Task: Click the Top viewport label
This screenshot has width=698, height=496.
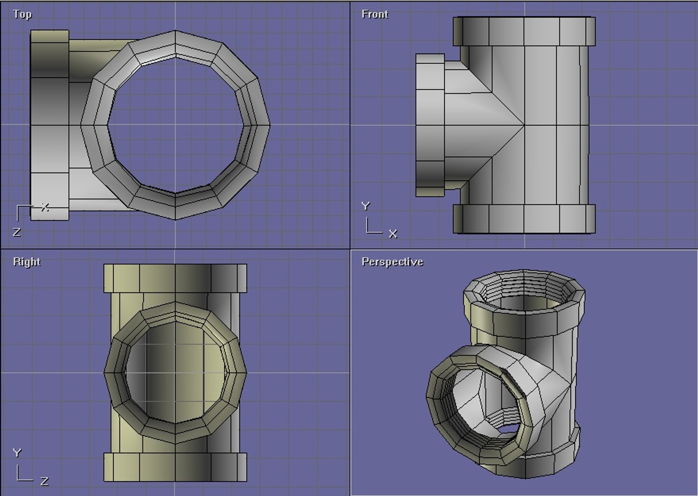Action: click(22, 14)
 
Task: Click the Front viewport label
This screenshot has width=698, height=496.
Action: click(375, 14)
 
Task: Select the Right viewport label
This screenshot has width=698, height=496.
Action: click(27, 262)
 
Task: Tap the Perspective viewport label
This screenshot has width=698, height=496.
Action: click(392, 262)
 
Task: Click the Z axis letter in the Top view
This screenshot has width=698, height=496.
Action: click(17, 232)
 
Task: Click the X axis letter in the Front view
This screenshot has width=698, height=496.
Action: click(393, 234)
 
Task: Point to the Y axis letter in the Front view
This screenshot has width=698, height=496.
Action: click(365, 206)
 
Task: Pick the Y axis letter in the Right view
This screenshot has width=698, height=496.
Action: click(17, 453)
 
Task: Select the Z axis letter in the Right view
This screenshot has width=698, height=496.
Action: click(45, 481)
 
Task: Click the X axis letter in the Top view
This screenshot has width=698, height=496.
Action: click(45, 207)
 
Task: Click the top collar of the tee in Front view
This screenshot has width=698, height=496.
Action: click(524, 31)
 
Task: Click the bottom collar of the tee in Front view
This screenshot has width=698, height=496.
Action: click(524, 219)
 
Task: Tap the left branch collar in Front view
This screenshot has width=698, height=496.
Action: click(430, 125)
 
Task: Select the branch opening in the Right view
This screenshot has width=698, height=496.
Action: click(175, 372)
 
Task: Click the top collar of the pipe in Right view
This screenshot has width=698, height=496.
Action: click(175, 278)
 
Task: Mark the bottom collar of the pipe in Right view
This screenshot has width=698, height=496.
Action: click(175, 468)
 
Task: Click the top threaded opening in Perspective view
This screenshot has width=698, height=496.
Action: click(524, 299)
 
